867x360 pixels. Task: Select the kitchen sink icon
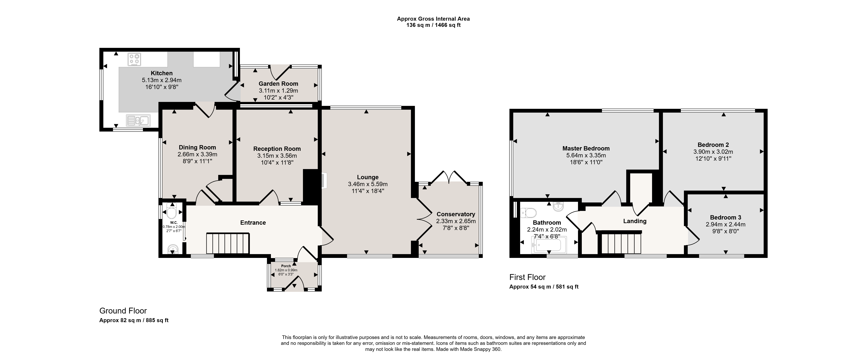(x=138, y=120)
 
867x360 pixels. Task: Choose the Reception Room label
(x=277, y=149)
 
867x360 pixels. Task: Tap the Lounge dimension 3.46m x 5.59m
(x=368, y=184)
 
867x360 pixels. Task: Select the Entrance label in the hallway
(x=253, y=222)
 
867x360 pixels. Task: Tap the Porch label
(x=286, y=266)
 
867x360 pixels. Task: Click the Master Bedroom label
(x=586, y=148)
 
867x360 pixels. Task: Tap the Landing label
(x=635, y=221)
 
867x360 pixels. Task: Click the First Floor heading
(x=527, y=277)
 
